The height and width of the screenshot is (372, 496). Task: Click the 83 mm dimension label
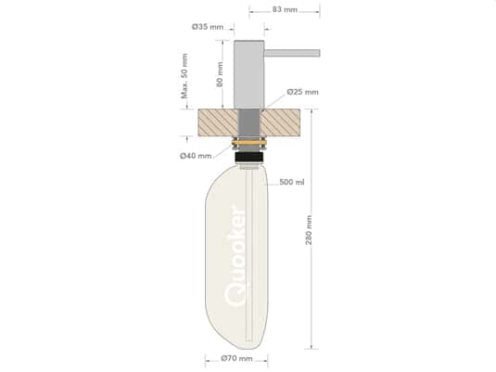tap(285, 8)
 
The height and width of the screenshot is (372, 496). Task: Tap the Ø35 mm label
tap(209, 27)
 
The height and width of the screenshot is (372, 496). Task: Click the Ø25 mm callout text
tap(302, 92)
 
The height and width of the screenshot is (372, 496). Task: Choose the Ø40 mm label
tap(195, 156)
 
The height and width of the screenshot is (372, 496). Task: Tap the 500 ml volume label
tap(291, 182)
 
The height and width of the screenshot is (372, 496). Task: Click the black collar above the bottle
tap(249, 158)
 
